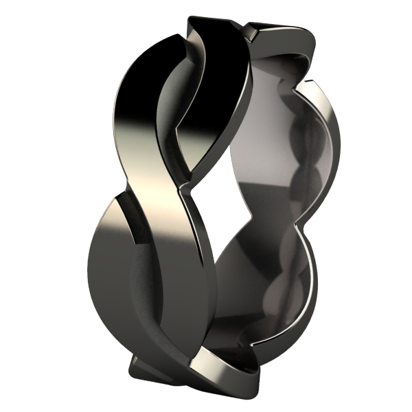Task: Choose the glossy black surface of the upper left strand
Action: [x=137, y=89]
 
